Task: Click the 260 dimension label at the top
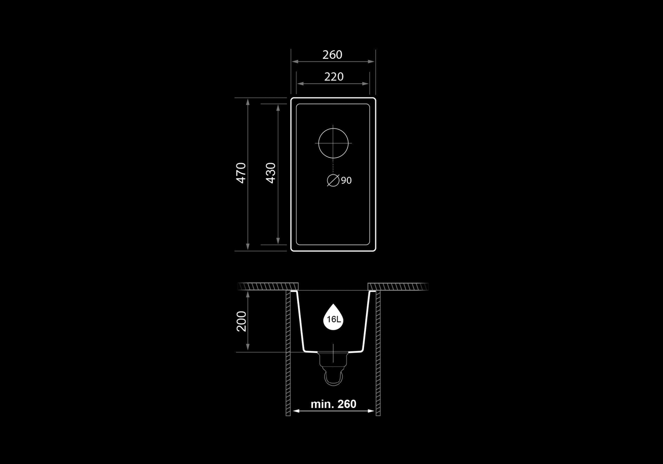(x=332, y=55)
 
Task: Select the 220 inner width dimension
(x=334, y=76)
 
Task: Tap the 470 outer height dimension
(x=241, y=173)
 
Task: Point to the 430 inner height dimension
(x=271, y=173)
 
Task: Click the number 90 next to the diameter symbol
(x=346, y=180)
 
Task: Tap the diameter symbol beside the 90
(x=333, y=180)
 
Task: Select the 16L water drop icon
(x=333, y=317)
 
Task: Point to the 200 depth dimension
(x=241, y=321)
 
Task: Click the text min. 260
(x=333, y=404)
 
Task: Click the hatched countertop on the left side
(x=268, y=286)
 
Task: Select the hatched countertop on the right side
(x=398, y=286)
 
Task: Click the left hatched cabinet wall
(x=288, y=353)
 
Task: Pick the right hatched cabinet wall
(x=378, y=353)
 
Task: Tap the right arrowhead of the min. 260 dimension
(x=371, y=411)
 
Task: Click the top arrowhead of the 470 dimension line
(x=248, y=102)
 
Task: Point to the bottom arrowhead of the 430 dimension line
(x=278, y=241)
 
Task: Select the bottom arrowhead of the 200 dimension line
(x=248, y=347)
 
